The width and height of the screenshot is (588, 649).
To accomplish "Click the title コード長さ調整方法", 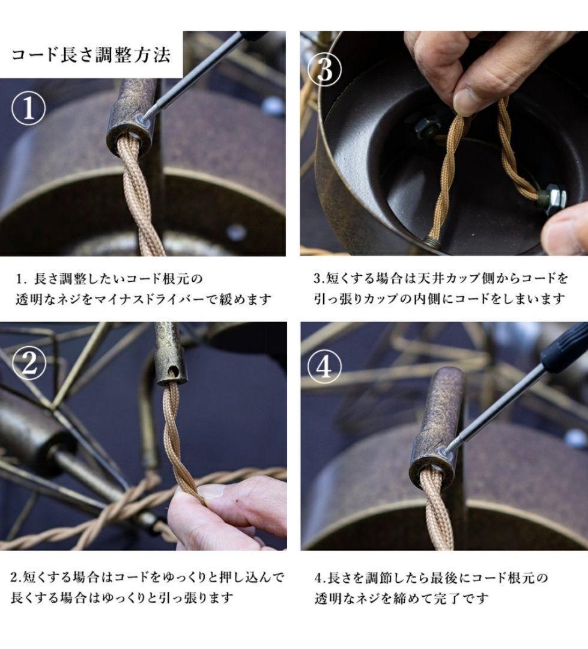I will pos(91,55).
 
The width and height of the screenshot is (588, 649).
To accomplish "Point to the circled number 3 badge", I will pos(324,70).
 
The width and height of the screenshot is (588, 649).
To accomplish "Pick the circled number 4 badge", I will pos(324,367).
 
